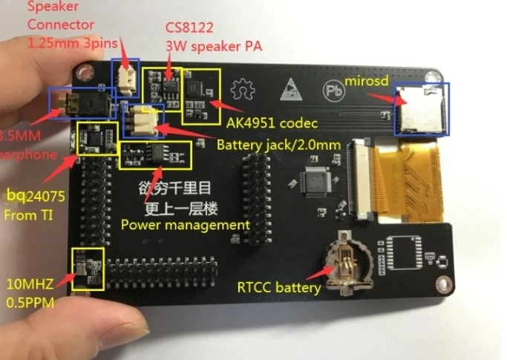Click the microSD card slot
click(419, 108)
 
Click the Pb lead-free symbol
click(333, 91)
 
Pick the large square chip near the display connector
click(317, 181)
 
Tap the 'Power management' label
click(185, 224)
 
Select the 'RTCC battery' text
click(279, 287)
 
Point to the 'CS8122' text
click(188, 27)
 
